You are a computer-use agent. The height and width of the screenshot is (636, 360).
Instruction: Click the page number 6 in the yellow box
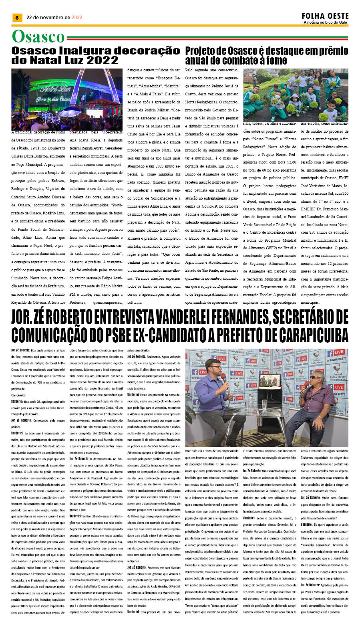tap(17, 18)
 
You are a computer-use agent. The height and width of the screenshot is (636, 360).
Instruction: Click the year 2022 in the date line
tap(77, 18)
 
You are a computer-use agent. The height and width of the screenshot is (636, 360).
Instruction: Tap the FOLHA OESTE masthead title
tap(325, 16)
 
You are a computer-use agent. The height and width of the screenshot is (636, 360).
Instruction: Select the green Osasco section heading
tap(38, 37)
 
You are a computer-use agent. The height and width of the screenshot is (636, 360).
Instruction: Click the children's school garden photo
tap(295, 95)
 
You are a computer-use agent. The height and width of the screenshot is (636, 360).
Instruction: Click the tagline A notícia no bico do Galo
tap(325, 22)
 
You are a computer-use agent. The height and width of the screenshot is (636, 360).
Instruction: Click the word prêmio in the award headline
tap(330, 51)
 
